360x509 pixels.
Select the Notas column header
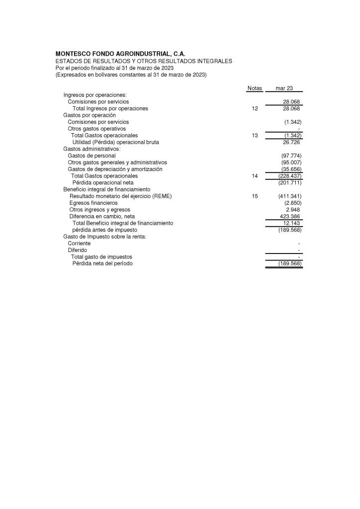point(254,88)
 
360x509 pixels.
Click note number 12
point(255,108)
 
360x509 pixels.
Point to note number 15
point(255,196)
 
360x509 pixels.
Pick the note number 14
point(255,176)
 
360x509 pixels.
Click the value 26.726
point(292,142)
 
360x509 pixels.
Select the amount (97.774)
point(291,156)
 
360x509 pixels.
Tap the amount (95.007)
point(291,163)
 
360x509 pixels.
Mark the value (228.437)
point(290,176)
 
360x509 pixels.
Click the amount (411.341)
point(290,196)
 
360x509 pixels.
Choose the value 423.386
point(291,216)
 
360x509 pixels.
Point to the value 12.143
point(292,223)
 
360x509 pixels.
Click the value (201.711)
point(290,182)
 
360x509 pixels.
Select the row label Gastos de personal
point(91,156)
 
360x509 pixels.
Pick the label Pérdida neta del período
point(103,263)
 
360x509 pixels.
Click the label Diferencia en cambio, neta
point(102,216)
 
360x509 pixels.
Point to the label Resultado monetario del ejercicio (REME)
point(120,196)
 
